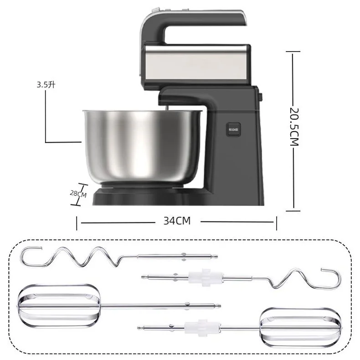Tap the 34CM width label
176,221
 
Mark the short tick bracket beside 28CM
82,193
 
